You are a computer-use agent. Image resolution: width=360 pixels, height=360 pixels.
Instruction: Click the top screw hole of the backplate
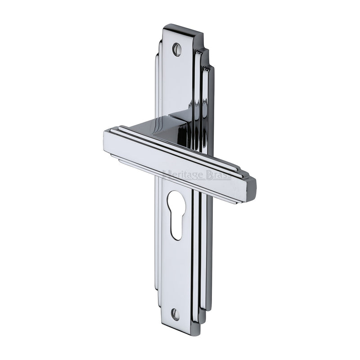[x=177, y=49]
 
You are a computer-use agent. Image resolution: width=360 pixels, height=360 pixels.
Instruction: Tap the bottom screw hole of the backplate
[x=175, y=314]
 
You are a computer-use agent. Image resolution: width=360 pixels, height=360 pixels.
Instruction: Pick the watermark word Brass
[x=219, y=175]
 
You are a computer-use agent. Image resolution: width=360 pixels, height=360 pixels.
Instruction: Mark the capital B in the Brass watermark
[x=210, y=175]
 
